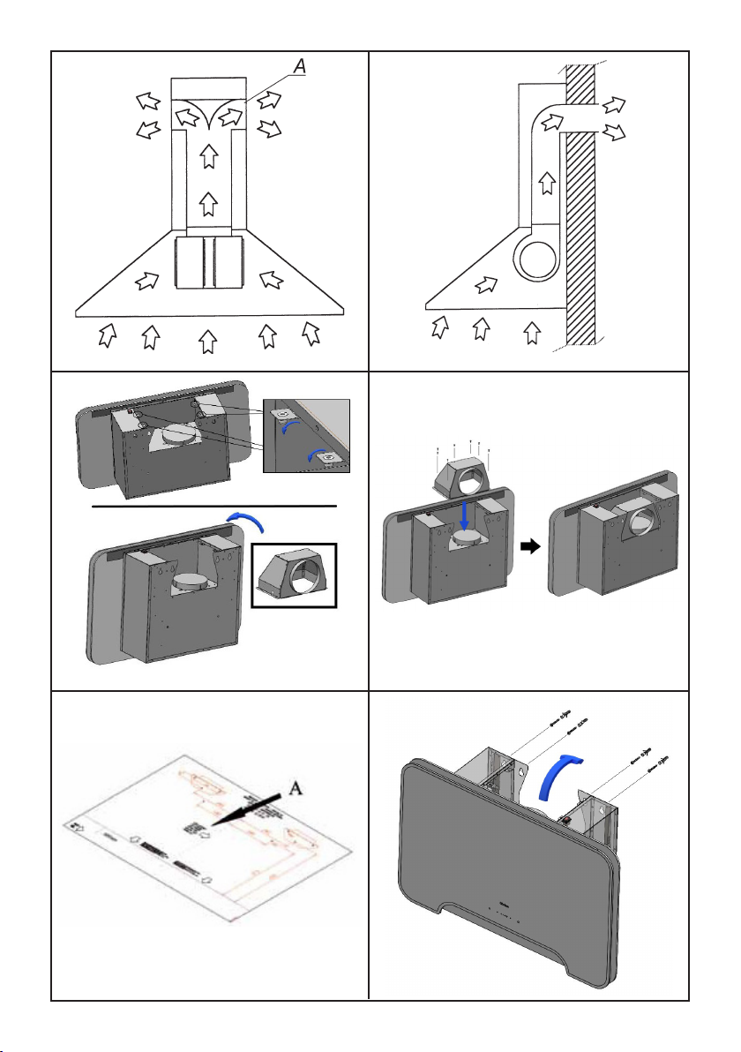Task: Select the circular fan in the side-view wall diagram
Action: click(x=539, y=262)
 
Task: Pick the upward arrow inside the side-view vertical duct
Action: click(x=547, y=184)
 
